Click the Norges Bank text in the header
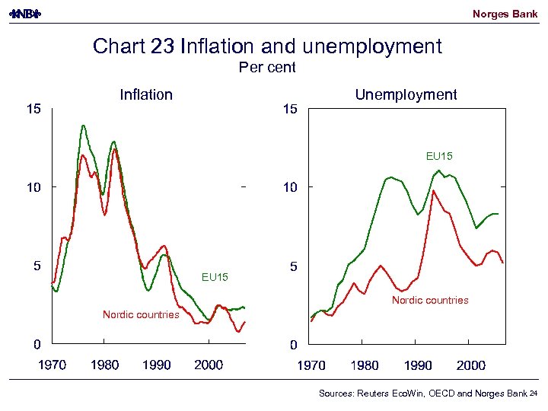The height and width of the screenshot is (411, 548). (x=505, y=14)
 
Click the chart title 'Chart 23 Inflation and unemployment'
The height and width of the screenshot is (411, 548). (x=267, y=46)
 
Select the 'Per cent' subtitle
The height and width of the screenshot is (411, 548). (x=267, y=68)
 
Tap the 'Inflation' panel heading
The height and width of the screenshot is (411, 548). (x=146, y=95)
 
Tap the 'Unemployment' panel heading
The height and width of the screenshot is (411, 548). (x=406, y=95)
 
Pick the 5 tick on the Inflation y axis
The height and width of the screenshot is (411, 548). (x=35, y=266)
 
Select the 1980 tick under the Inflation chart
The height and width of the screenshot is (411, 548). (x=104, y=365)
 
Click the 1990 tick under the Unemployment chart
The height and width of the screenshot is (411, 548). (x=418, y=365)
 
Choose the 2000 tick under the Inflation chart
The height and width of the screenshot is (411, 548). (x=209, y=365)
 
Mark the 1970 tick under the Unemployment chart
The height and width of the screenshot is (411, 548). (x=311, y=365)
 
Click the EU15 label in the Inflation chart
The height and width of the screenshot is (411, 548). (x=215, y=277)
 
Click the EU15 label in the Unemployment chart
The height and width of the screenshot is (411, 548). (x=439, y=157)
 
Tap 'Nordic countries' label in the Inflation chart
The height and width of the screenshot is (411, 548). (x=141, y=314)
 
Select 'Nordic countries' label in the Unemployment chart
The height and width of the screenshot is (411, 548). (x=430, y=301)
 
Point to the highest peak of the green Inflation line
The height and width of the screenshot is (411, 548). (x=83, y=126)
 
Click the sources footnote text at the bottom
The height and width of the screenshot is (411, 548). (x=422, y=393)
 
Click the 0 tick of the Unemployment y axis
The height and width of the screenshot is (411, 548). (x=293, y=345)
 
